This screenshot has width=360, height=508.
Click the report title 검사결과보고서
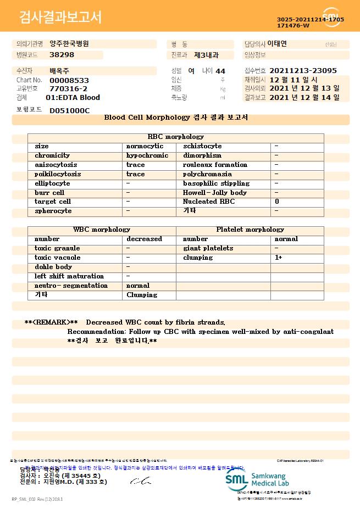[60, 18]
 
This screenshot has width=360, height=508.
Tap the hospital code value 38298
[62, 55]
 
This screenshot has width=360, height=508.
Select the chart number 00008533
[69, 80]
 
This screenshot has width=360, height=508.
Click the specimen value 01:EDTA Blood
[73, 98]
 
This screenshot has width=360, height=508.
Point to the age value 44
[220, 71]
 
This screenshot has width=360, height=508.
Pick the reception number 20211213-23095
[303, 71]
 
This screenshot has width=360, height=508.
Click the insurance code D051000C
[69, 110]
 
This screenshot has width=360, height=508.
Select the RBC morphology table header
[176, 137]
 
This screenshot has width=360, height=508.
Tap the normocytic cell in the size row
[145, 146]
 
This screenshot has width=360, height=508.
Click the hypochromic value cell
[147, 155]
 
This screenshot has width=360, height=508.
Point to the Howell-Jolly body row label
[214, 193]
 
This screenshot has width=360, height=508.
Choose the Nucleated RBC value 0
[277, 202]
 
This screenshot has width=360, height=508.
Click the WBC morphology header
[102, 230]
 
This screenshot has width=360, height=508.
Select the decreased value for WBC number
[144, 239]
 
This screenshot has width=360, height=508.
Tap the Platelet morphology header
[250, 230]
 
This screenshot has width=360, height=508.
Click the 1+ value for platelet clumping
[279, 258]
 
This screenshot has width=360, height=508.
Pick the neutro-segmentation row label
[71, 286]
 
